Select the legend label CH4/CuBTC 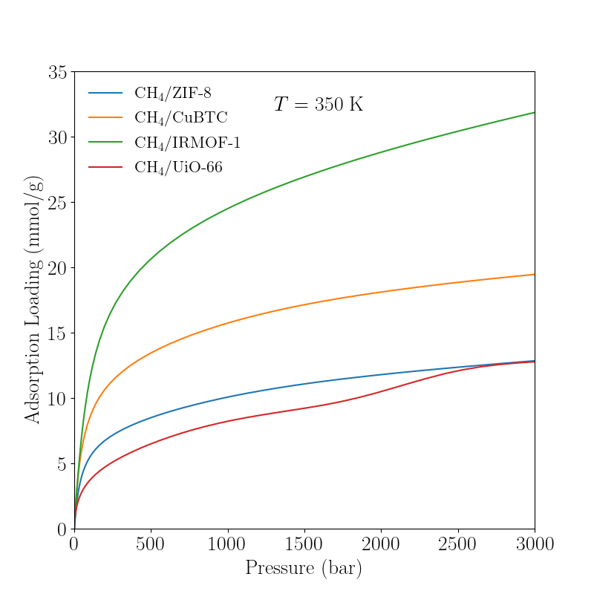pyautogui.click(x=180, y=118)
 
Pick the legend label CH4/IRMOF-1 pyautogui.click(x=187, y=143)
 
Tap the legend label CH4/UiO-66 pyautogui.click(x=178, y=167)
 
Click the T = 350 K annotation pyautogui.click(x=319, y=105)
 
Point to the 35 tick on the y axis pyautogui.click(x=57, y=73)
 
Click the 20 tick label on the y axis pyautogui.click(x=57, y=268)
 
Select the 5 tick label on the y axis pyautogui.click(x=62, y=464)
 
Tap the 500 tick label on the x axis pyautogui.click(x=151, y=545)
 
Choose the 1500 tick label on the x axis pyautogui.click(x=304, y=545)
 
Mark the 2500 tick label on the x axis pyautogui.click(x=458, y=545)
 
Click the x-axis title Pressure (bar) pyautogui.click(x=304, y=569)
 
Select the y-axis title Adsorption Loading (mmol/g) pyautogui.click(x=33, y=300)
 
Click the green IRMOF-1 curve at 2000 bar pyautogui.click(x=381, y=153)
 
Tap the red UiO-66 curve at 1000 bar pyautogui.click(x=228, y=421)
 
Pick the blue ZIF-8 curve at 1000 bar pyautogui.click(x=228, y=396)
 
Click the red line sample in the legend pyautogui.click(x=105, y=167)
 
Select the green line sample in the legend pyautogui.click(x=105, y=143)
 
